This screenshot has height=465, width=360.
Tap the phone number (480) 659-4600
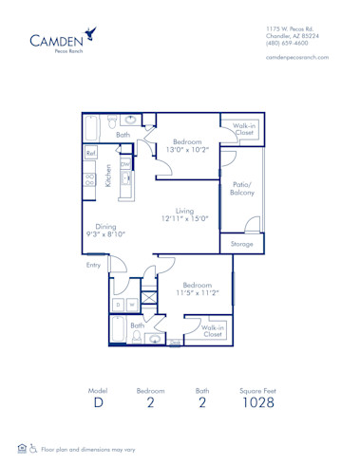(288, 43)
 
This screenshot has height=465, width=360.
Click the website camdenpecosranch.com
(297, 58)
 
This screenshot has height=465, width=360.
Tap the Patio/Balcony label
(243, 188)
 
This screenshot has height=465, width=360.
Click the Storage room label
(242, 244)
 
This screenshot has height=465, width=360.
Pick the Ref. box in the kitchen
(91, 153)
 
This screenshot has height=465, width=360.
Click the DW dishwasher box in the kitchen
(125, 163)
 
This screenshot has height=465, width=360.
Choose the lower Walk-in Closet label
(211, 330)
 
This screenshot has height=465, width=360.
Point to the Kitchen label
(109, 176)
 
